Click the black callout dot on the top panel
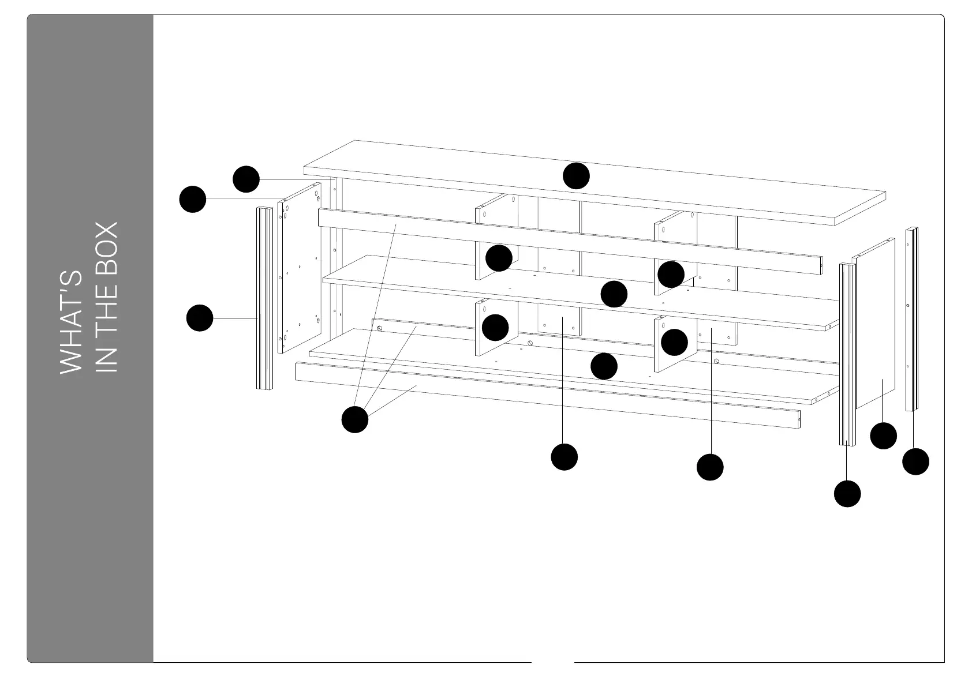point(576,176)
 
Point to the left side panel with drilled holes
point(299,268)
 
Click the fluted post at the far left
point(264,298)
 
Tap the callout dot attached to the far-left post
point(200,318)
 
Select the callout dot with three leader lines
point(355,419)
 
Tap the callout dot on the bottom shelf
point(604,366)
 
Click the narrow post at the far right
point(911,319)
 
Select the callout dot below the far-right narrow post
point(915,461)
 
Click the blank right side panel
point(875,323)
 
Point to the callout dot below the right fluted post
point(847,494)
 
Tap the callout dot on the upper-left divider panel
point(499,258)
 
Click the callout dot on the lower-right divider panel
point(674,343)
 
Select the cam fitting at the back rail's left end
point(380,328)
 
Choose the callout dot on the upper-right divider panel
point(671,275)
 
